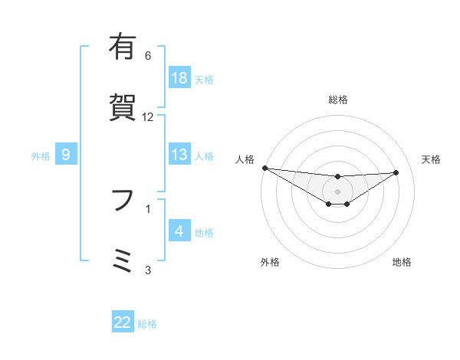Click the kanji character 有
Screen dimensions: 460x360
click(123, 47)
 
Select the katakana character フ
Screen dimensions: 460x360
click(123, 201)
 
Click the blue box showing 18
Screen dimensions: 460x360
click(179, 78)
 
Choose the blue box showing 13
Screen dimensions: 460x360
click(179, 155)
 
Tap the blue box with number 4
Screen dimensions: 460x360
click(179, 231)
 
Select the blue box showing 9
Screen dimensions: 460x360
click(66, 155)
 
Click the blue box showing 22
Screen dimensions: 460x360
click(123, 323)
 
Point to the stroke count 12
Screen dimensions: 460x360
click(148, 117)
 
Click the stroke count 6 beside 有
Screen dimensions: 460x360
click(148, 56)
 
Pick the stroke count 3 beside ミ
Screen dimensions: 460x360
click(148, 269)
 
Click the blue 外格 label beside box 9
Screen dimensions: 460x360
click(41, 155)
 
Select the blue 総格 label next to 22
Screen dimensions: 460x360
click(147, 324)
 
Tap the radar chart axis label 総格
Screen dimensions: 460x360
click(337, 100)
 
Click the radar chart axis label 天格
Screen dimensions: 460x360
click(431, 159)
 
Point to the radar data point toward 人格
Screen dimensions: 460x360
click(264, 168)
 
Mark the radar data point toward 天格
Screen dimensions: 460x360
click(396, 172)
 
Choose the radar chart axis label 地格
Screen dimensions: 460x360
click(402, 262)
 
